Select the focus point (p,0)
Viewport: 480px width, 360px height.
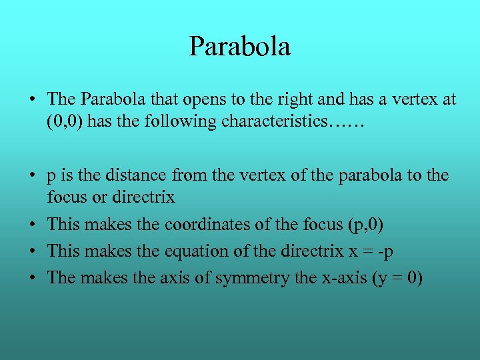[366, 225]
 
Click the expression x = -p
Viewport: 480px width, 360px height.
[378, 251]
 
